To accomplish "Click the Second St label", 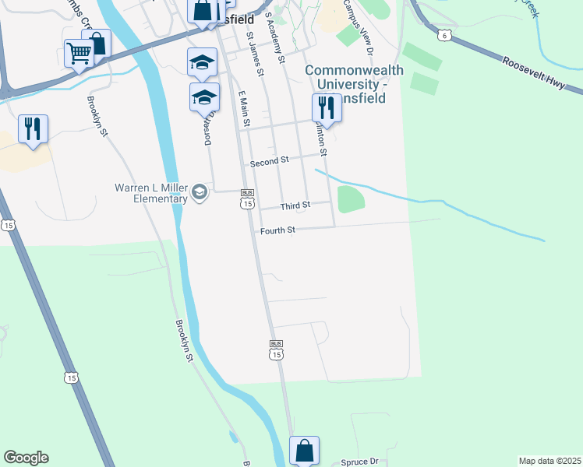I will click(x=269, y=161).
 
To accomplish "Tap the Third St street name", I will click(x=295, y=205).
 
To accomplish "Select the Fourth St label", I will click(x=277, y=230).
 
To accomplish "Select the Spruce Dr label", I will click(x=359, y=462).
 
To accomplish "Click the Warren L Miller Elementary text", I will click(x=151, y=192).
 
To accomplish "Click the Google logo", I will click(x=26, y=458).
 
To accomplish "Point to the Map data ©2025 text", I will click(x=549, y=461).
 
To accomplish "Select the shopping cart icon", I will click(x=79, y=54).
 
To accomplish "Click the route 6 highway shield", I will click(x=443, y=35).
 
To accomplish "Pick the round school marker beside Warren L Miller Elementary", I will click(x=200, y=192).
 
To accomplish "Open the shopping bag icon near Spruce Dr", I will click(x=304, y=450).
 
